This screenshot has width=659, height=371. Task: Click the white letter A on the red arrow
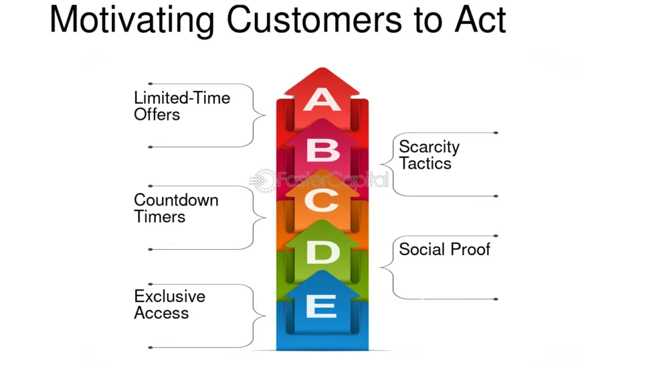[x=322, y=100]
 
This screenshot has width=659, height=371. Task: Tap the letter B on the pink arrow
[x=323, y=150]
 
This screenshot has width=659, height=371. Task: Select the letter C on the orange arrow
[x=322, y=201]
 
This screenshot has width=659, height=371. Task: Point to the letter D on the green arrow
[x=323, y=252]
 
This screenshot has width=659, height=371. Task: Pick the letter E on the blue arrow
[x=322, y=305]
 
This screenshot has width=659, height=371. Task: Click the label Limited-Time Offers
[x=182, y=106]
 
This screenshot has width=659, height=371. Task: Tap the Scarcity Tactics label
[x=429, y=155]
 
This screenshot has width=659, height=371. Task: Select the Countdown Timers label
[x=176, y=208]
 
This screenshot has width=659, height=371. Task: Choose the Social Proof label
[x=444, y=249]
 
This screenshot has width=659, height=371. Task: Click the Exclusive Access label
[x=169, y=305]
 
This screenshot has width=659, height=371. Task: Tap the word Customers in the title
[x=314, y=19]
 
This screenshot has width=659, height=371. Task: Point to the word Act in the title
[x=480, y=19]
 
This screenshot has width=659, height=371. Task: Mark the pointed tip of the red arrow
[x=322, y=68]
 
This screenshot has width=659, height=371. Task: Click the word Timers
[x=160, y=216]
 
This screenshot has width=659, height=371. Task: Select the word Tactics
[x=425, y=163]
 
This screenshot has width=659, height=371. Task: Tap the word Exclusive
[x=169, y=296]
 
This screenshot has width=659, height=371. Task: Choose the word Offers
[x=157, y=115]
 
